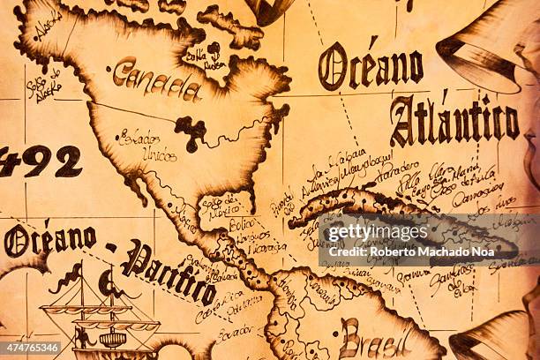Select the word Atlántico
tap(454, 121)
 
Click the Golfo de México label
tap(221, 205)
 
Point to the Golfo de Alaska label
tap(42, 83)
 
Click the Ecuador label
tap(235, 334)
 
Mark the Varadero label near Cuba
tap(396, 168)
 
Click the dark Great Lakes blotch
tap(191, 131)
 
